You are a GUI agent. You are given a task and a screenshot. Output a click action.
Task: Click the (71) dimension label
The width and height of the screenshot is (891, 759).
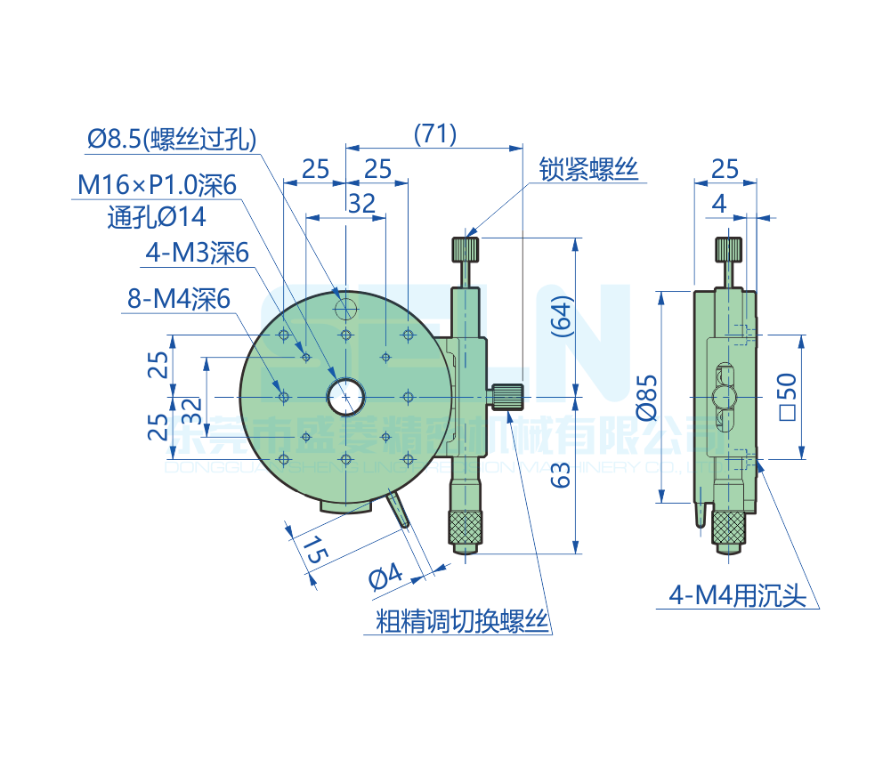[x=435, y=134]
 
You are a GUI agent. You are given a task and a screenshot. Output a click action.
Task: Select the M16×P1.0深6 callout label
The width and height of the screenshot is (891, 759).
[x=157, y=185]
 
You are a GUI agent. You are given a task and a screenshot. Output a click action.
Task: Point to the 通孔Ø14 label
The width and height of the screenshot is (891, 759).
[x=156, y=216]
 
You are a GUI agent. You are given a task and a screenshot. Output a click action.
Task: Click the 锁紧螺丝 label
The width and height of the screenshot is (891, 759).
[x=588, y=169]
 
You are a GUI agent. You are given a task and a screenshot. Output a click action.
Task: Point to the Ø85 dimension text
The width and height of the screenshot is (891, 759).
[x=647, y=397]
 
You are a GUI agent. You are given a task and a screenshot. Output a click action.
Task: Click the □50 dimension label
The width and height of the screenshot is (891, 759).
[x=787, y=397]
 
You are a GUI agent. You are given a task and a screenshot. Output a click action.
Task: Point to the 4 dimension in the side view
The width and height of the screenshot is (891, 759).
[x=719, y=204]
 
